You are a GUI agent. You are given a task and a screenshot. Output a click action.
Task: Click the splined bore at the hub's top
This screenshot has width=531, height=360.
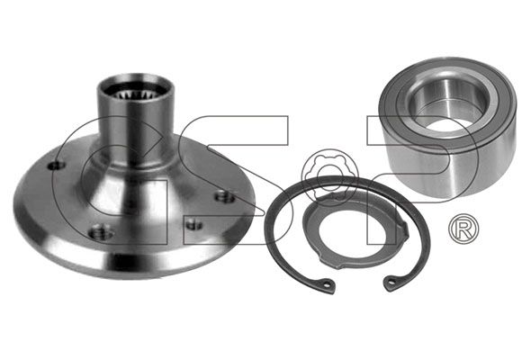click(136, 92)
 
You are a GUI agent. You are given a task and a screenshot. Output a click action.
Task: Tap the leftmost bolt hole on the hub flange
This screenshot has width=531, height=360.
click(56, 166)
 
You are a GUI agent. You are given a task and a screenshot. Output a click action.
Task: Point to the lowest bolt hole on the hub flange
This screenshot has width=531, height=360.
click(98, 232)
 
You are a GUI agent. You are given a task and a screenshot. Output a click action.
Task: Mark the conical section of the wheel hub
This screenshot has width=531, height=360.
click(136, 190)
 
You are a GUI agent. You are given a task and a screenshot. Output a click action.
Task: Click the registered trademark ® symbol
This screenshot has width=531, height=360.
click(463, 229)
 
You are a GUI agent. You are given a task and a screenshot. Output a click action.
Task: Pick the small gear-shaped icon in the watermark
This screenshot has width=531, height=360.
click(328, 176)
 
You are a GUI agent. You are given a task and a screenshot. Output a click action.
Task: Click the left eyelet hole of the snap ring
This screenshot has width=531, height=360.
click(327, 284)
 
